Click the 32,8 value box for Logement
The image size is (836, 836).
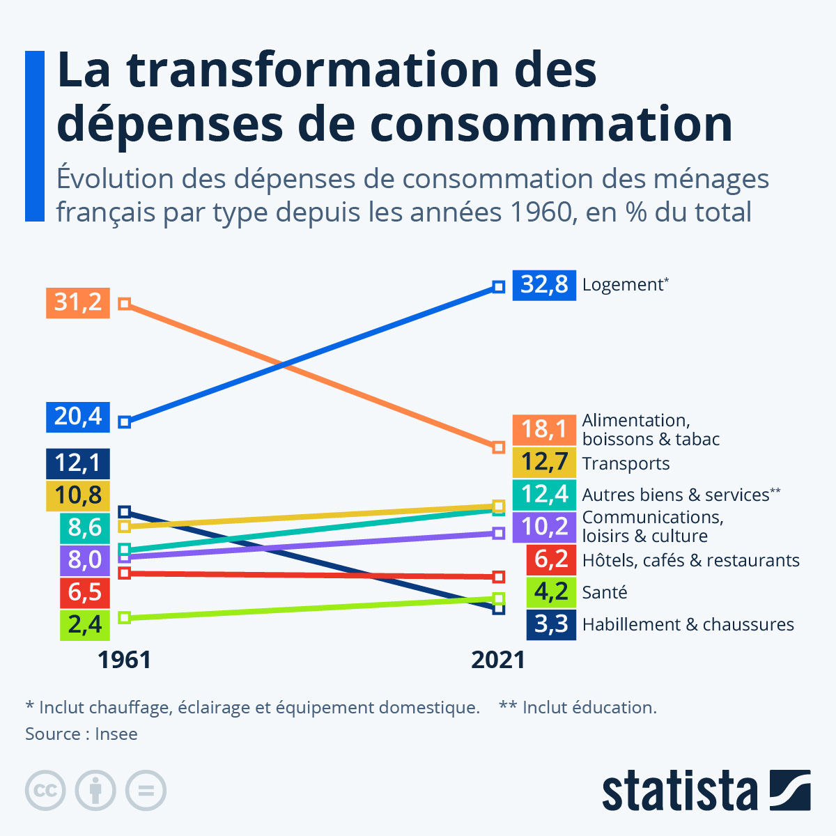tap(544, 285)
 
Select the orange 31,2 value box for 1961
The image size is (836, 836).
tap(78, 303)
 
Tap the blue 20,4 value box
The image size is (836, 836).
tap(78, 417)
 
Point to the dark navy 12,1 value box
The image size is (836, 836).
tap(78, 463)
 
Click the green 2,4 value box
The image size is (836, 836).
tap(85, 625)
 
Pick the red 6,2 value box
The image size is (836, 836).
tap(551, 560)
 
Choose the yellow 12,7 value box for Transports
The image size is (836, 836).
tap(544, 463)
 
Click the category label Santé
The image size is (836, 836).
tap(605, 592)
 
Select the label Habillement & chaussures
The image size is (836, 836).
tap(688, 624)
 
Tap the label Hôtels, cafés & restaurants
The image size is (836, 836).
tap(690, 560)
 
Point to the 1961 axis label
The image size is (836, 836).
tap(124, 660)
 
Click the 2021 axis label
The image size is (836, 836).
tap(498, 660)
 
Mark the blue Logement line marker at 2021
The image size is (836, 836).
tap(498, 286)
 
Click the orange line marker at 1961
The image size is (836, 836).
tap(124, 304)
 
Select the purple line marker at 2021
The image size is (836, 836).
tap(498, 533)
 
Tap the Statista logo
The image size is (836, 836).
tap(706, 791)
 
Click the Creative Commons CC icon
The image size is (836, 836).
tap(45, 791)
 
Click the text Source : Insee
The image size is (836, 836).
tap(82, 734)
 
